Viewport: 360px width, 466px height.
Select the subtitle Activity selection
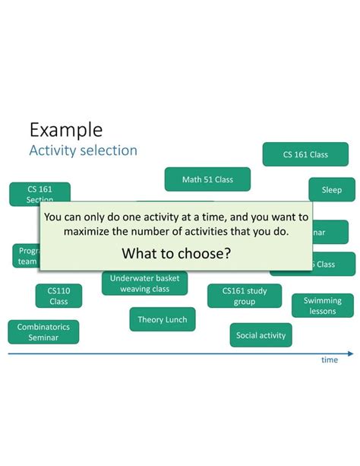click(83, 151)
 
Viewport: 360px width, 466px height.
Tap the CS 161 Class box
click(305, 154)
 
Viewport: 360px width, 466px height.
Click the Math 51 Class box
click(207, 179)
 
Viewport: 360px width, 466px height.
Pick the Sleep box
click(331, 190)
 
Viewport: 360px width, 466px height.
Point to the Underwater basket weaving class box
click(144, 284)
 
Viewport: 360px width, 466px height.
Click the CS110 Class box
click(58, 296)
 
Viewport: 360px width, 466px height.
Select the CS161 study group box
click(244, 296)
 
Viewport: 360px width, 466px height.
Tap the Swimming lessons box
click(322, 306)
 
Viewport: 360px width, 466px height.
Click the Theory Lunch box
click(162, 320)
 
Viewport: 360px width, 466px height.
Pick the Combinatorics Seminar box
click(43, 332)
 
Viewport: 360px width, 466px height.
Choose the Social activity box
click(261, 335)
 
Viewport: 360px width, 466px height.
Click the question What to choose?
click(176, 253)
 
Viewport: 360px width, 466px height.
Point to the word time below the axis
click(329, 360)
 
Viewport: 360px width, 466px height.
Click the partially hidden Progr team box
click(25, 256)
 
